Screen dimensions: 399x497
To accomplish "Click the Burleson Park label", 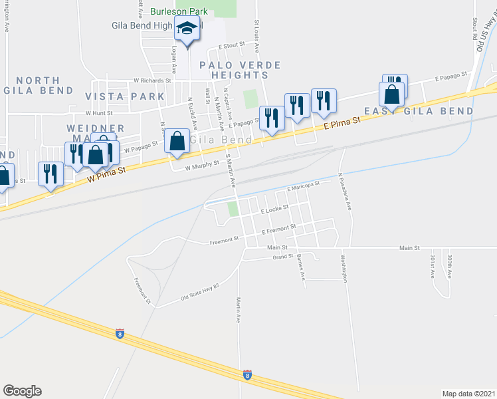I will pos(179,11).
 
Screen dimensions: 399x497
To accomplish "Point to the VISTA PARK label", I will pos(125,96).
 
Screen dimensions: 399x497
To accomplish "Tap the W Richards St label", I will pos(152,80).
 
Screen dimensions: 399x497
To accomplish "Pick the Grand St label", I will pos(284,256).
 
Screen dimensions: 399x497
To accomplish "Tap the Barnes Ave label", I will pos(302,266).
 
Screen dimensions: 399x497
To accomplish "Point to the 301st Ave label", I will pos(432,265).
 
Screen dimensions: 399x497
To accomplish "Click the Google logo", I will pos(22,391).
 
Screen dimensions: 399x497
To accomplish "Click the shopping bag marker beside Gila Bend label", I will pos(177,142).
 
